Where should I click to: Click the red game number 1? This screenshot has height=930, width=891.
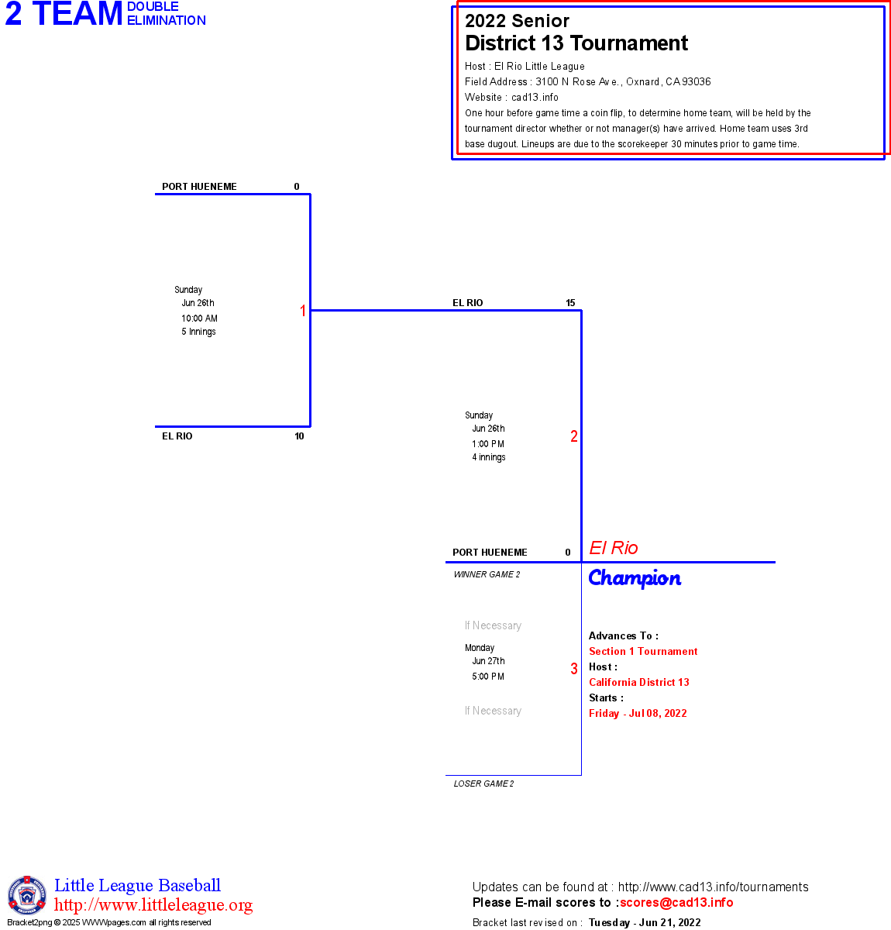[x=303, y=311]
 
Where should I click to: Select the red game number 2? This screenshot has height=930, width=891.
[x=574, y=436]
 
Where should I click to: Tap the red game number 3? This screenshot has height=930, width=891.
[x=574, y=669]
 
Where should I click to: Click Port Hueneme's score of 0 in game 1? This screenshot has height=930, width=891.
[x=297, y=187]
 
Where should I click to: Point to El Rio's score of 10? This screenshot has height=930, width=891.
[x=299, y=436]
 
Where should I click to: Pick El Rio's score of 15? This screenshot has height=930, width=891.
[x=570, y=303]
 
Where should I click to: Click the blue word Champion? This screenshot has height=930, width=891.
[x=635, y=578]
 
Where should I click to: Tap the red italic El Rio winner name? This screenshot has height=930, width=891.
[x=614, y=548]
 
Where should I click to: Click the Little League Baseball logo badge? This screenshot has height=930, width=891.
[x=27, y=895]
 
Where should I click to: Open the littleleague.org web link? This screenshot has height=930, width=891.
[x=153, y=905]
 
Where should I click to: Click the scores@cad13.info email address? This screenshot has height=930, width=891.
[x=676, y=902]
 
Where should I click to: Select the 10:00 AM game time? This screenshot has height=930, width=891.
[x=200, y=319]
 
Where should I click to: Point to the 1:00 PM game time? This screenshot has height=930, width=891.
[x=488, y=444]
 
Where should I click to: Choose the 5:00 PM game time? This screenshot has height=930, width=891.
[x=488, y=677]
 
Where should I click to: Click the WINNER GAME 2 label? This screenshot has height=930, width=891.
[x=487, y=574]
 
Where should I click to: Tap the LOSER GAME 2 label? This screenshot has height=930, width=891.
[x=483, y=784]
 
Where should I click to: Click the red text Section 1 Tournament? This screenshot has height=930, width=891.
[x=643, y=651]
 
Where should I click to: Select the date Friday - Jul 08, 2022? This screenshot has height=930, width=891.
[x=638, y=713]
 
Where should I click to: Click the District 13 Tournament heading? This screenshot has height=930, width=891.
[x=576, y=43]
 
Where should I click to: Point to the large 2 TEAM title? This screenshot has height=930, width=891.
[x=64, y=14]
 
